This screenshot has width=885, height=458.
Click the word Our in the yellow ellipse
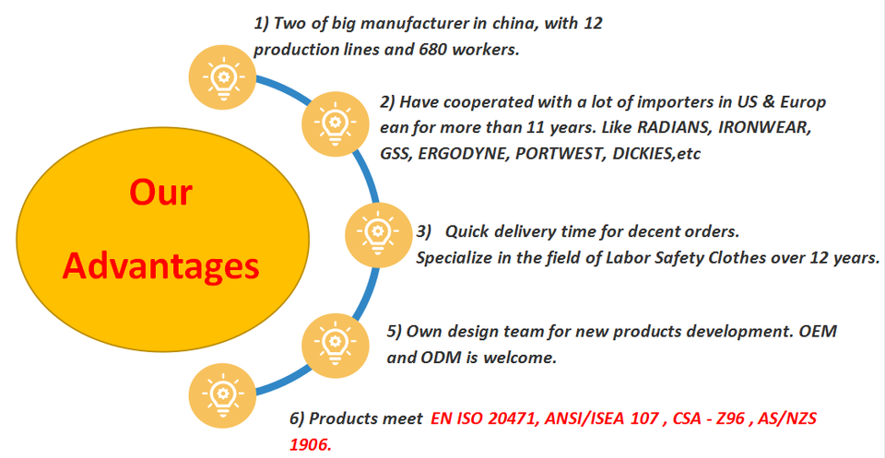tap(160, 194)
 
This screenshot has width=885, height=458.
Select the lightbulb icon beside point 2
tap(330, 120)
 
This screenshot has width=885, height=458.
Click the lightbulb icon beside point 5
tap(330, 341)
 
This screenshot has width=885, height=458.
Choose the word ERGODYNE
tap(461, 153)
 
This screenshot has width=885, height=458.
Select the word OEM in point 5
tap(816, 331)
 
